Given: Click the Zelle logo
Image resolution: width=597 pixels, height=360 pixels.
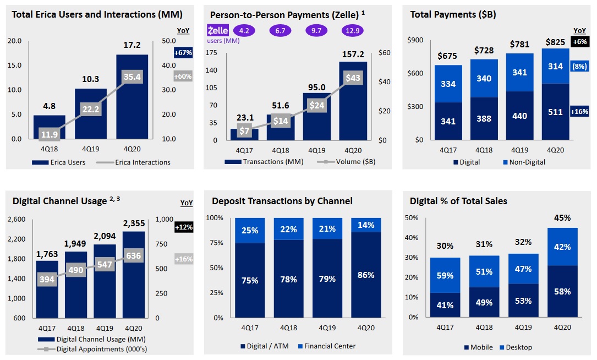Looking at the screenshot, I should [x=218, y=31].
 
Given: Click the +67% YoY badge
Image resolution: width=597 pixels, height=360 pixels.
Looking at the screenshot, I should [x=183, y=53].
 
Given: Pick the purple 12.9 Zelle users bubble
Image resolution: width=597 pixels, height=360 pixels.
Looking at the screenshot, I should [x=353, y=31].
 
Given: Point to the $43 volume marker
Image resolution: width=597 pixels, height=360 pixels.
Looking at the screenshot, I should [x=353, y=78].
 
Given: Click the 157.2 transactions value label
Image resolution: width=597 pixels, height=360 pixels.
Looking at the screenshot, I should [x=353, y=55].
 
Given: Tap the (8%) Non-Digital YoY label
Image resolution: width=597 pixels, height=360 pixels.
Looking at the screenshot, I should [x=580, y=66].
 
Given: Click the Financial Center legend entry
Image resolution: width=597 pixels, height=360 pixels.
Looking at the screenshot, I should [x=327, y=346].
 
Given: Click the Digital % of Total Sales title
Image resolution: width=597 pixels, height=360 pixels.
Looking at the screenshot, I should [x=458, y=201].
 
